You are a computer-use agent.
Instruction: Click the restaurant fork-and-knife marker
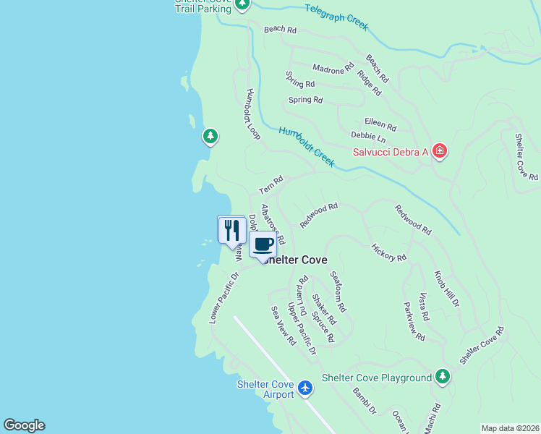pyautogui.click(x=231, y=230)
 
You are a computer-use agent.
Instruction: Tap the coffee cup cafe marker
pyautogui.click(x=263, y=244)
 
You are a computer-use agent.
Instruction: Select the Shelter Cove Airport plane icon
pyautogui.click(x=305, y=389)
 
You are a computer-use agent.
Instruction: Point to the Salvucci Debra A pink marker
pyautogui.click(x=439, y=151)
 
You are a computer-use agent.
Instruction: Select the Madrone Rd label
pyautogui.click(x=333, y=68)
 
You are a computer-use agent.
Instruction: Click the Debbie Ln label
pyautogui.click(x=368, y=136)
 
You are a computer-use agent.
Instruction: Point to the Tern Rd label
pyautogui.click(x=270, y=185)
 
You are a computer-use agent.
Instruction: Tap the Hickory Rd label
pyautogui.click(x=389, y=252)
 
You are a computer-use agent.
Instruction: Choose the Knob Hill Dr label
pyautogui.click(x=446, y=289)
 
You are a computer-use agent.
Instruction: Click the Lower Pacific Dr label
pyautogui.click(x=224, y=297)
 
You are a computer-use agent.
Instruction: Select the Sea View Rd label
pyautogui.click(x=284, y=325)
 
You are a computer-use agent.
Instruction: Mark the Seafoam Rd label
pyautogui.click(x=338, y=292)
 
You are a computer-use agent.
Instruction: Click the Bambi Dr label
pyautogui.click(x=365, y=401)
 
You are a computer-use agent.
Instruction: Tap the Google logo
pyautogui.click(x=24, y=425)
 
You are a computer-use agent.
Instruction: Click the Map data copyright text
pyautogui.click(x=511, y=428)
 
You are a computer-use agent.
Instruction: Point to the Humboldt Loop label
pyautogui.click(x=252, y=114)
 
